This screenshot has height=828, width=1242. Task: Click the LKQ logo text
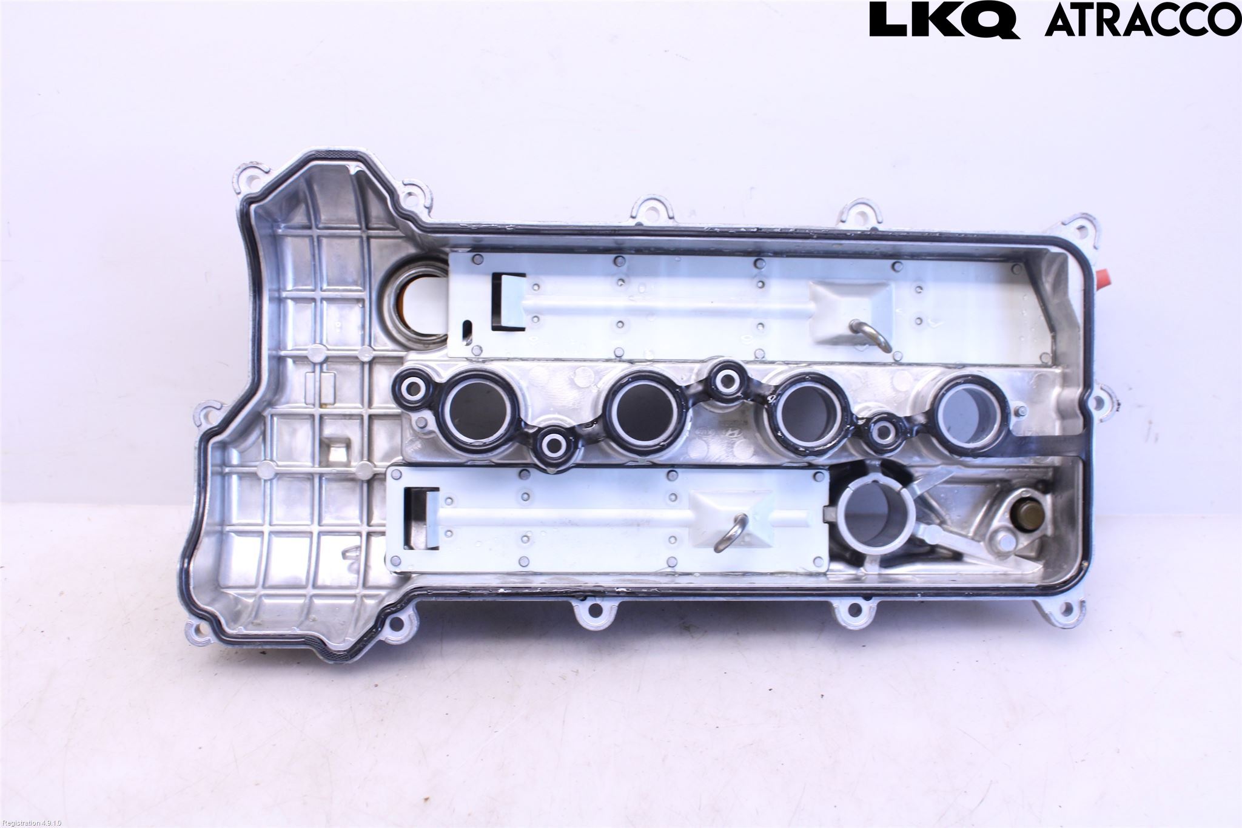point(944,21)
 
